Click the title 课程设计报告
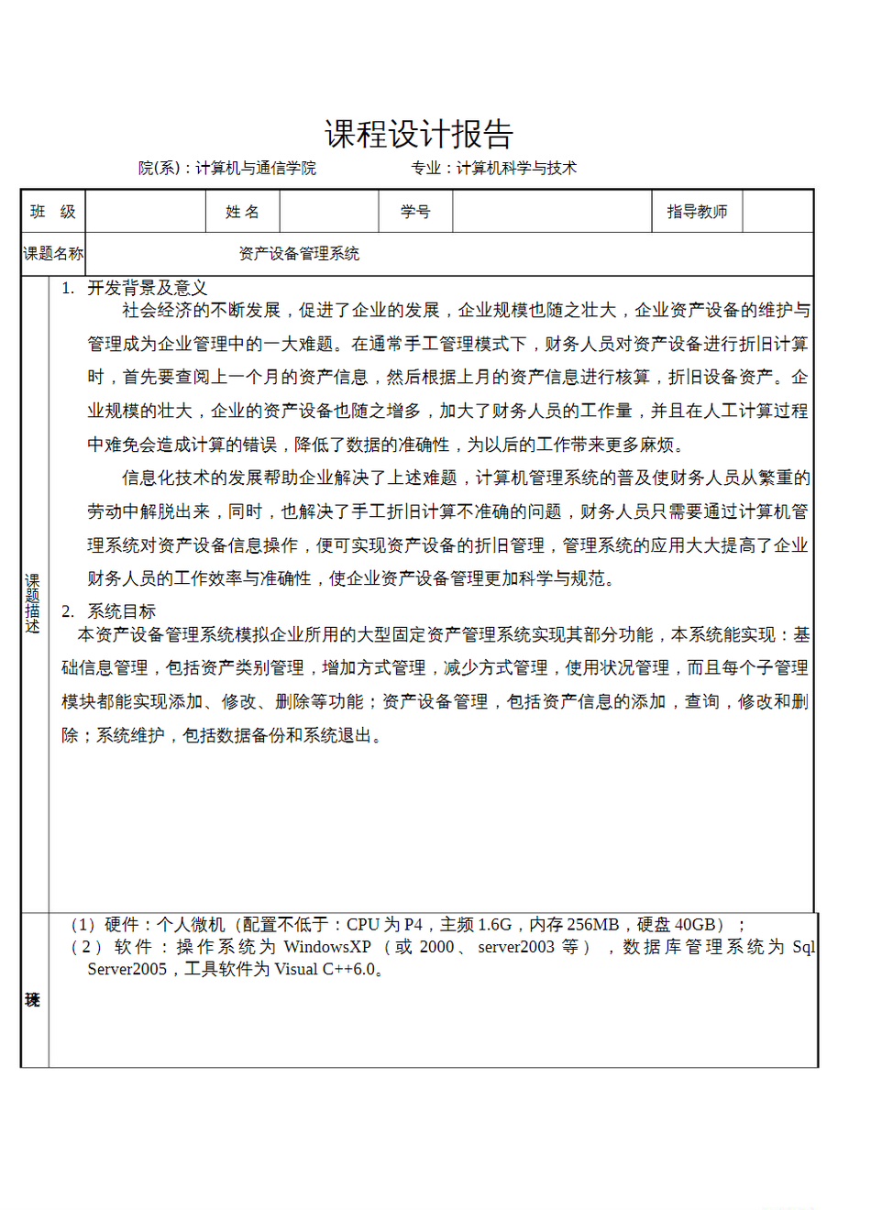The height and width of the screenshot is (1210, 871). click(x=418, y=135)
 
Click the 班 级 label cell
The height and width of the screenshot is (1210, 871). click(x=53, y=212)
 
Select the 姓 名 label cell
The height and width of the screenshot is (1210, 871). click(x=242, y=212)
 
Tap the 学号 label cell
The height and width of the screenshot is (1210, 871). click(x=415, y=212)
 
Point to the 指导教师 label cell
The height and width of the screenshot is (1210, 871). click(x=697, y=212)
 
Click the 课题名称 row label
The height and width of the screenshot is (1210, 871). click(x=53, y=254)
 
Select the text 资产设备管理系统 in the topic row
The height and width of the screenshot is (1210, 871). click(x=299, y=254)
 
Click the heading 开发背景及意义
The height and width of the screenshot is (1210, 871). click(x=147, y=288)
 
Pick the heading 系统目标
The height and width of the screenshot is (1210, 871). click(x=121, y=611)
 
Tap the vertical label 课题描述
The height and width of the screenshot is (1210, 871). click(x=33, y=603)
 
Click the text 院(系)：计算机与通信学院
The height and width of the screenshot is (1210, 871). click(x=227, y=168)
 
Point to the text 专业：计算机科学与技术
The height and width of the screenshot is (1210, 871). click(x=494, y=168)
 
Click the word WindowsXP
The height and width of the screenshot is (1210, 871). click(x=327, y=947)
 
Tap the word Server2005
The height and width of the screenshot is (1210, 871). click(x=127, y=969)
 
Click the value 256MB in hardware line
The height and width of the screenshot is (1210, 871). click(x=593, y=925)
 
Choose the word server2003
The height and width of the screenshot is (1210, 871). click(x=516, y=947)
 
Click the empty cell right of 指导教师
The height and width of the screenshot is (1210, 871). click(x=777, y=212)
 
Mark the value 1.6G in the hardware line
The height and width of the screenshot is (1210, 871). click(x=494, y=925)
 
